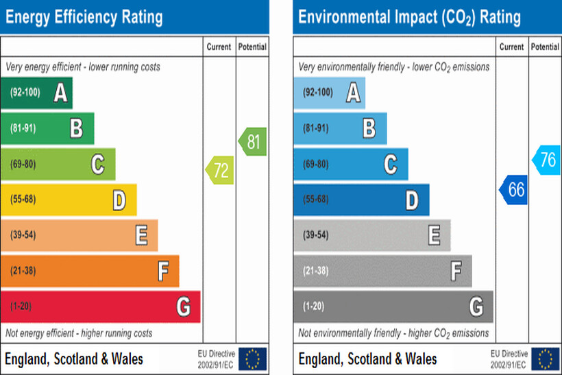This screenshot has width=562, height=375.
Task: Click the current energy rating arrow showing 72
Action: pos(220,171)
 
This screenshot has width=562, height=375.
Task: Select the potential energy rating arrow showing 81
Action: pos(252,143)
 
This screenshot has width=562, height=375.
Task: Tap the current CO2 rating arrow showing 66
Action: pos(513,189)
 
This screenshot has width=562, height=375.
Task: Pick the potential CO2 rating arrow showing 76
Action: pos(546,160)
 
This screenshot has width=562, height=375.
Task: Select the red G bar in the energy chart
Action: pos(100,306)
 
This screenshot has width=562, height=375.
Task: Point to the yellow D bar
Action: pos(69,199)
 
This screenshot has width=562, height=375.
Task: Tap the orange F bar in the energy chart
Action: pos(90,271)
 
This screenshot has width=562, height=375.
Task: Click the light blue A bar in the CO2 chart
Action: pos(329,93)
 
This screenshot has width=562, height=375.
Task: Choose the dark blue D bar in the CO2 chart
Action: pos(361,199)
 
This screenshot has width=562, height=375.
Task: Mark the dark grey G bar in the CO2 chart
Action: pos(393,306)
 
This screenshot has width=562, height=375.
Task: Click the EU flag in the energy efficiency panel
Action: pos(253,359)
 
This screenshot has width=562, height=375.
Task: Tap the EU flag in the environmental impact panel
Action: pos(546,359)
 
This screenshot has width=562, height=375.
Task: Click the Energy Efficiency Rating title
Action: pos(84,16)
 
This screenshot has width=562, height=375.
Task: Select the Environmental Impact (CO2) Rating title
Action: pos(409,16)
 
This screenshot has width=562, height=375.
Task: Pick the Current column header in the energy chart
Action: pos(220,47)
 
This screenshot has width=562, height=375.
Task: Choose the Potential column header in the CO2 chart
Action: pos(545,47)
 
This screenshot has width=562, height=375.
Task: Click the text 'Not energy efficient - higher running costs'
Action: pos(79,333)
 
